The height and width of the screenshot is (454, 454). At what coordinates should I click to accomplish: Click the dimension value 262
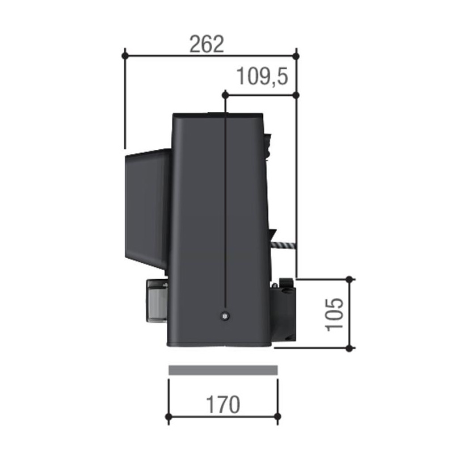pos(207,44)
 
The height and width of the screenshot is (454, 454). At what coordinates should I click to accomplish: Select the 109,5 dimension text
pos(262,76)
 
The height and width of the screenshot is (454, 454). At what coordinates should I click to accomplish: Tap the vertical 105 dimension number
pos(334,314)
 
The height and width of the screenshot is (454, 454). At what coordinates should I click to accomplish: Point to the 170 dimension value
pos(223,405)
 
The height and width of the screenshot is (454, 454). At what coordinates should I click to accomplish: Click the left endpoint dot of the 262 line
pos(125,55)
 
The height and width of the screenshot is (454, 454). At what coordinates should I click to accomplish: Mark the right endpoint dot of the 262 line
pos(296,55)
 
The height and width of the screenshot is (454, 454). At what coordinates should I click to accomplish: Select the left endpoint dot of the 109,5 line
pos(225,94)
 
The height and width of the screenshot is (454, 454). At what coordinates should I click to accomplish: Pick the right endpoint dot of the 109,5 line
pos(296,94)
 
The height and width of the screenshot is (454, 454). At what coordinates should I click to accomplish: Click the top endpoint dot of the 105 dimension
pos(350,279)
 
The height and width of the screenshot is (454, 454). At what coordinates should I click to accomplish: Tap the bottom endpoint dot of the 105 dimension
pos(350,348)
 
